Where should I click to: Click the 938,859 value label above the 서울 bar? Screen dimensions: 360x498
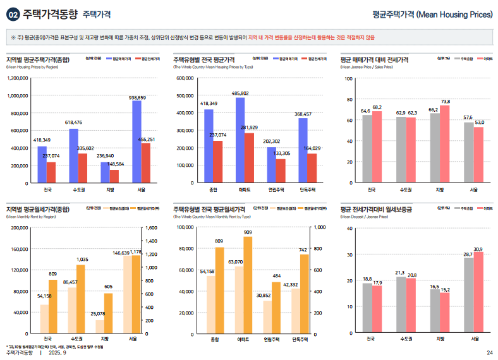coord(137,98)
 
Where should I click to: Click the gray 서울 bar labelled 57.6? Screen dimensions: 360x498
coord(468,152)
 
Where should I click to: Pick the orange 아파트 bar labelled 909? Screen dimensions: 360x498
coord(248,285)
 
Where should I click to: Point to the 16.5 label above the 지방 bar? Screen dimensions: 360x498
coord(434,286)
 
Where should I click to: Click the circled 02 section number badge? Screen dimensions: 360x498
coord(13,14)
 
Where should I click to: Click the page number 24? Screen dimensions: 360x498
coord(489,352)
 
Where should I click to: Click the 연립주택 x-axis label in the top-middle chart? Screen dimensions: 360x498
coord(276,189)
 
